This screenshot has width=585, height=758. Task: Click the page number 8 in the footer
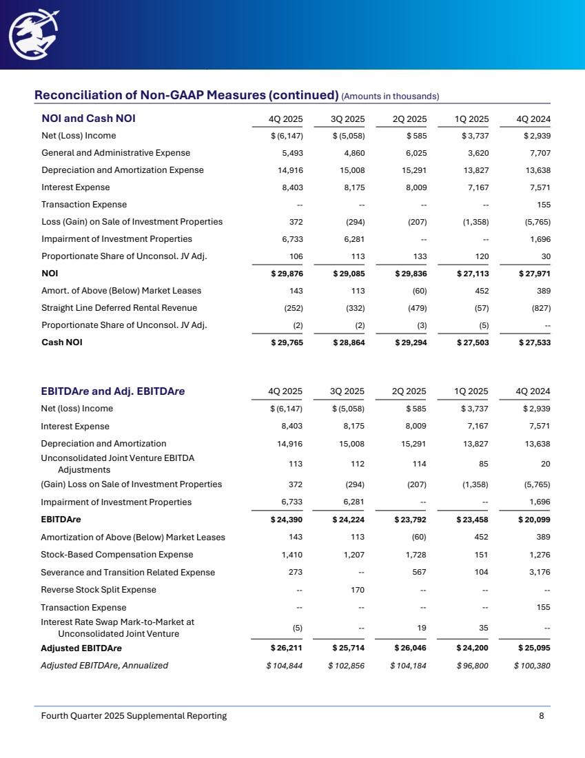point(542,716)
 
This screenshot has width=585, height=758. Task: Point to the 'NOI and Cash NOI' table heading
point(88,118)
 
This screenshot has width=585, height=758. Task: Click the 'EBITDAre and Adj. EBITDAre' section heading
point(113,391)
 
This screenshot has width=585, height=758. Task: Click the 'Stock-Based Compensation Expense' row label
point(117,554)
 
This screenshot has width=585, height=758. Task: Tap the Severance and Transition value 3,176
point(539,572)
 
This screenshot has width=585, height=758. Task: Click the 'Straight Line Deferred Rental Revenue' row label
point(119,307)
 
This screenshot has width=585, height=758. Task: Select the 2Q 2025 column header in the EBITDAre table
point(409,391)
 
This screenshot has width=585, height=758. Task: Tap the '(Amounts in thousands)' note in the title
point(390,95)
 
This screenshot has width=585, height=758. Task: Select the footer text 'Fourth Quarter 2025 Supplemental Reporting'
point(134,716)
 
